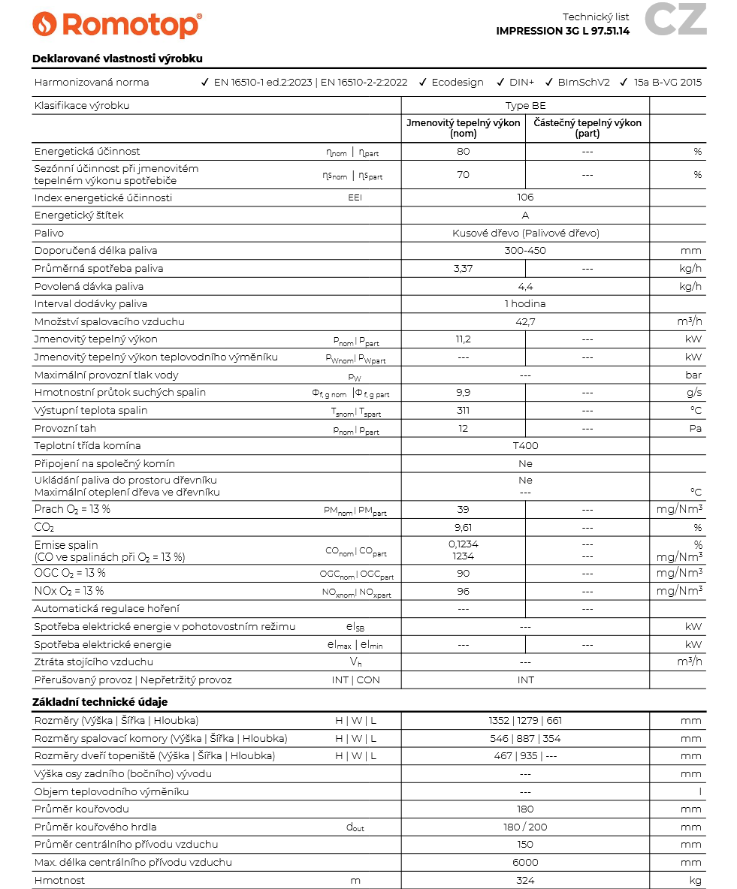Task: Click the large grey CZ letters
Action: point(675,20)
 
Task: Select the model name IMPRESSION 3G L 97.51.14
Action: point(563,31)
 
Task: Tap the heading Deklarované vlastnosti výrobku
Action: point(117,59)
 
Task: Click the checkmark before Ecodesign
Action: point(423,83)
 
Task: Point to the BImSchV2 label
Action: point(584,83)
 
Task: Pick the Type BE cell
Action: point(525,106)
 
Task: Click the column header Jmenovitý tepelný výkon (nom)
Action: point(463,128)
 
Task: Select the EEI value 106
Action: point(525,197)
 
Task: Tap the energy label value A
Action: point(525,215)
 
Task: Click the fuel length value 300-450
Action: point(525,251)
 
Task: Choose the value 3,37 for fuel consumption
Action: point(463,268)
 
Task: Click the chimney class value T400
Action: point(525,446)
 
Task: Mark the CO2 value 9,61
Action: point(463,528)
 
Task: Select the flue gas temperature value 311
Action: point(463,411)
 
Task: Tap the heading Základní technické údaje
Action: point(100,702)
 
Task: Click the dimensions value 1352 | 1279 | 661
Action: point(525,721)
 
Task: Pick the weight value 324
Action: point(525,881)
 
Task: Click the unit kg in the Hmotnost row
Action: point(695,881)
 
